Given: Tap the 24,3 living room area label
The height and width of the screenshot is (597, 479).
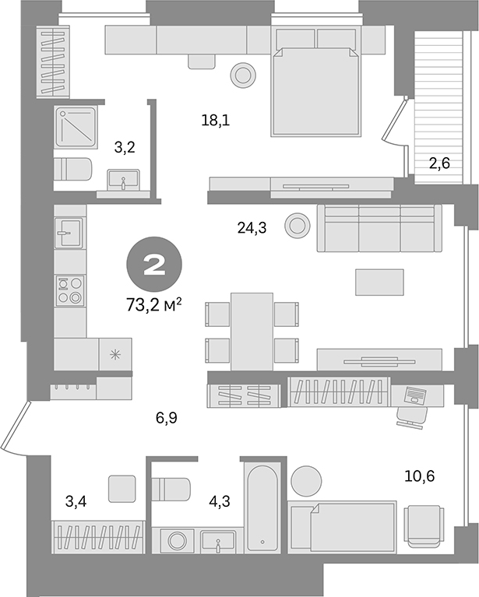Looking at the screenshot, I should tap(252, 228).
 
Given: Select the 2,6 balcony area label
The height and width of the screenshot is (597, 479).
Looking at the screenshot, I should tap(445, 163).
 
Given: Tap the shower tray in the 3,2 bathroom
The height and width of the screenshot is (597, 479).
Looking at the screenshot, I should tap(76, 127).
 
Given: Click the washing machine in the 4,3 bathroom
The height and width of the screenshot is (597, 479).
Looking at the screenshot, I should tap(175, 540).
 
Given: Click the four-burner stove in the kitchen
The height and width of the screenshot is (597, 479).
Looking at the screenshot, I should tap(70, 290).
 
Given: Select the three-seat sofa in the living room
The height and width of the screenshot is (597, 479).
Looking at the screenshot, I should tap(379, 228).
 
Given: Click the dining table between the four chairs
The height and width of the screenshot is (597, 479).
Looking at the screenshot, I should tap(252, 328).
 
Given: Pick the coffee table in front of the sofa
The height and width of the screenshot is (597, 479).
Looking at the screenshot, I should tap(379, 282).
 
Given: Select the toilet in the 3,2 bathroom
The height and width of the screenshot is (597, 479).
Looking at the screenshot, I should tap(74, 168).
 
